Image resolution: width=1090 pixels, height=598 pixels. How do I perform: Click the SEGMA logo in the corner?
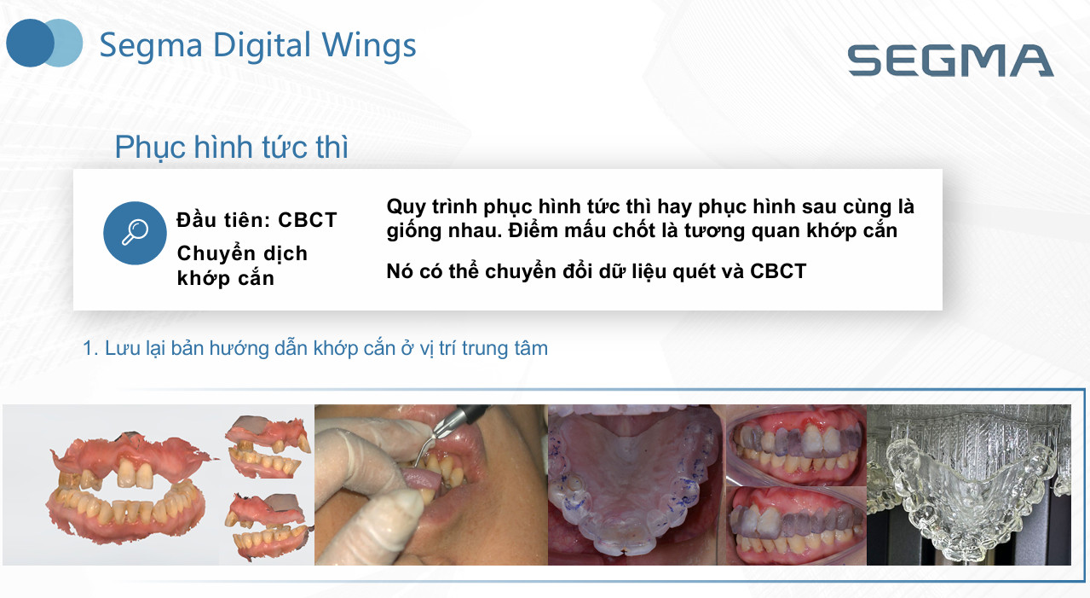coord(950,61)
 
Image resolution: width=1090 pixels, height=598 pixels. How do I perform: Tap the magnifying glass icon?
coord(135,233)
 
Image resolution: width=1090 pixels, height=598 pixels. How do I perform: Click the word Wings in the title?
coord(369,46)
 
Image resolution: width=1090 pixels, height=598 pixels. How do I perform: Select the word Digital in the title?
coord(262,46)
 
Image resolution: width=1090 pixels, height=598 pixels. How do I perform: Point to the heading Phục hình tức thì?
coord(232,148)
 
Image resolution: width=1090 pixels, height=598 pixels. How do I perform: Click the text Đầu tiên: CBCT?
coord(257,220)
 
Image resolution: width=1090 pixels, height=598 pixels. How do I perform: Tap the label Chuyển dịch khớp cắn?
coord(242,266)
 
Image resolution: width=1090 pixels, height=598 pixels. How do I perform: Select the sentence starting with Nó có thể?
coord(596,272)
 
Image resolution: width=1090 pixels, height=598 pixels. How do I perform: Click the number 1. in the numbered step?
coord(91,349)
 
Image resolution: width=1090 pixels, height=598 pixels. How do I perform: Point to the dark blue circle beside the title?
coord(28,43)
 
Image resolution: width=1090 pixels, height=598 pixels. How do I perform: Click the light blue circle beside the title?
coord(69,43)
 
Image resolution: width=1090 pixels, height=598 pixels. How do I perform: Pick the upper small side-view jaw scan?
coord(268,446)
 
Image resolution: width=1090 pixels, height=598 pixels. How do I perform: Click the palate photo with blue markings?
coord(637,485)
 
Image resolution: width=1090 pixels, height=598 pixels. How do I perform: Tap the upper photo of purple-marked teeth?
coord(796,445)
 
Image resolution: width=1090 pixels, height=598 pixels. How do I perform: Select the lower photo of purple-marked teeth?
coord(796,526)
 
